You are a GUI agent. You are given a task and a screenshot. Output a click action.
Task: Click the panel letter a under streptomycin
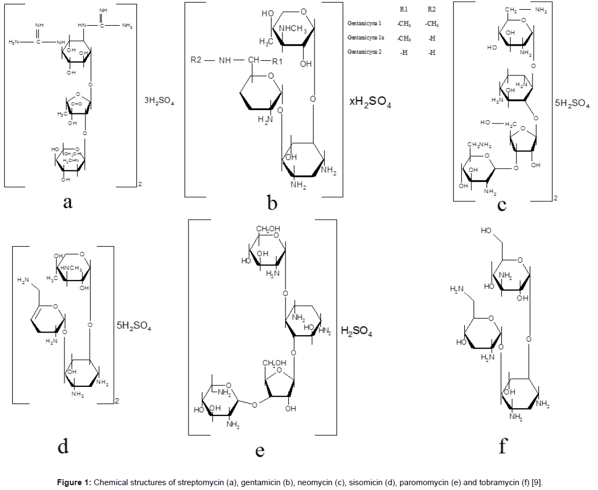pyautogui.click(x=68, y=203)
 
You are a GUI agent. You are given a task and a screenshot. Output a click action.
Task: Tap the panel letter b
pyautogui.click(x=272, y=203)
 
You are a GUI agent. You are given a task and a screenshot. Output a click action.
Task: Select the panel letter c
pyautogui.click(x=502, y=204)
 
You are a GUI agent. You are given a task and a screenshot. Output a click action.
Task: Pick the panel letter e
pyautogui.click(x=260, y=450)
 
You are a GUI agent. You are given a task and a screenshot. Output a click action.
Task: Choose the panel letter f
pyautogui.click(x=502, y=446)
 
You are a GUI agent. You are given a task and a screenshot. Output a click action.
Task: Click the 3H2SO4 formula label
pyautogui.click(x=159, y=100)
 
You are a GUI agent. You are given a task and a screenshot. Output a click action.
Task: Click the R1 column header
pyautogui.click(x=403, y=10)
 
